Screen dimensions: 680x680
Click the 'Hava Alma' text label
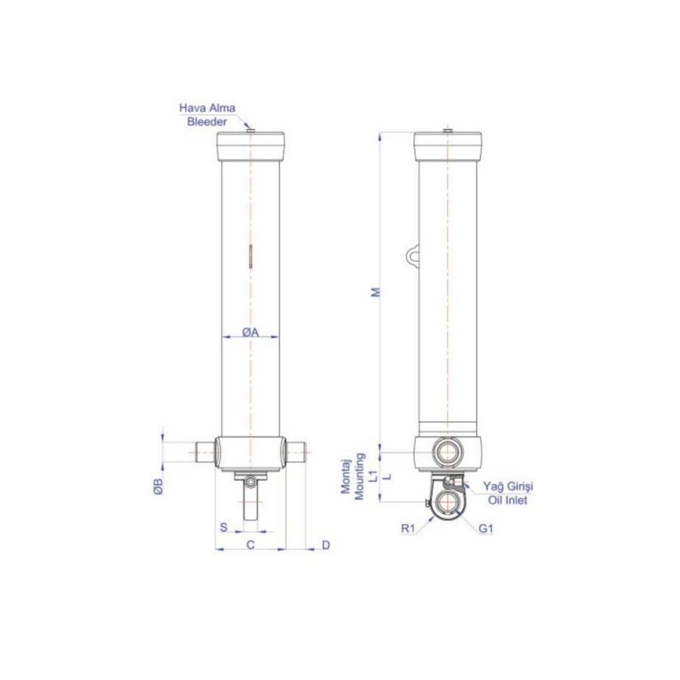point(207,108)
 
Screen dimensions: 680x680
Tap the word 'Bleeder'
point(207,122)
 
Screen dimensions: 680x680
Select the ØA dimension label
point(250,333)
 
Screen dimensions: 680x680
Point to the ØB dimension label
point(158,486)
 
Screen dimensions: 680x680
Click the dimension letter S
point(224,528)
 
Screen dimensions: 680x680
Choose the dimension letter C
point(251,545)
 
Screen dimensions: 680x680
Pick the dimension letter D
point(326,545)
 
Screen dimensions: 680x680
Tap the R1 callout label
point(408,528)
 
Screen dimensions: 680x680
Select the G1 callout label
point(486,528)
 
